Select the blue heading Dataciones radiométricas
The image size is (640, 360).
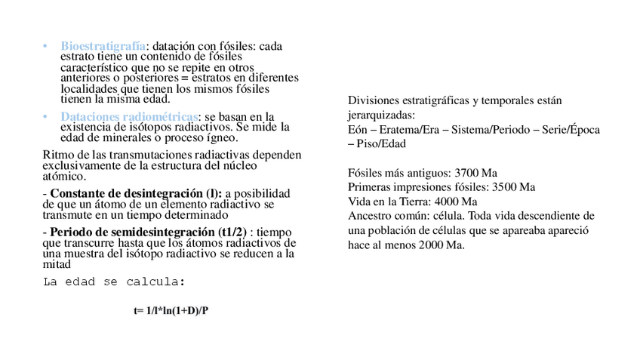click(130, 116)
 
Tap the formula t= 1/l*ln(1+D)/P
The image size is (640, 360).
click(171, 310)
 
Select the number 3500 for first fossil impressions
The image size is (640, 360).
click(505, 186)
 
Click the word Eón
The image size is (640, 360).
click(358, 130)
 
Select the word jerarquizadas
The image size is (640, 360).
click(381, 115)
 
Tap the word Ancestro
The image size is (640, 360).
click(370, 216)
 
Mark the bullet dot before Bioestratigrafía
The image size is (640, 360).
click(45, 47)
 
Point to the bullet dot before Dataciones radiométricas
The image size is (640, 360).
click(45, 117)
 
